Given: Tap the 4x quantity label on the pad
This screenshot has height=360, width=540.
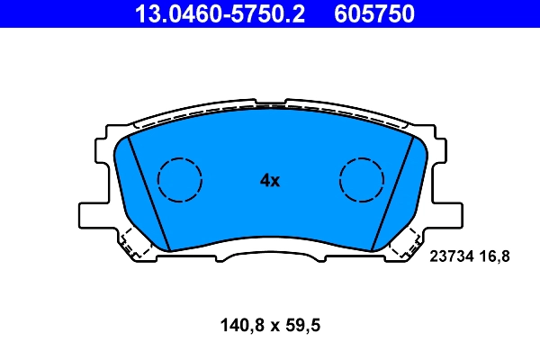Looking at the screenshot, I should tap(270, 180).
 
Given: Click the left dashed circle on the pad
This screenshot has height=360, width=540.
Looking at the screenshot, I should tap(180, 178).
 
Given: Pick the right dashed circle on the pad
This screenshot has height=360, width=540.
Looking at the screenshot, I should tap(363, 178).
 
